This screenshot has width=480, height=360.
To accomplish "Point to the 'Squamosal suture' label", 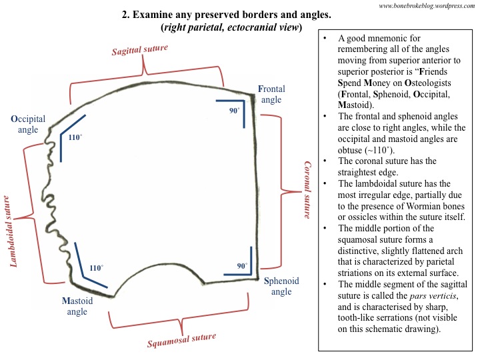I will coord(183,341).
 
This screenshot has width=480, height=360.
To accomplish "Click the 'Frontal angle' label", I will coord(271,94).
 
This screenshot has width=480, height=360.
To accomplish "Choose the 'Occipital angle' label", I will coord(28,123).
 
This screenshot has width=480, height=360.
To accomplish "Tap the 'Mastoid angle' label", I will coord(77,306).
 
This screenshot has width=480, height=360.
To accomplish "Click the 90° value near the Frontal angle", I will coord(234,111).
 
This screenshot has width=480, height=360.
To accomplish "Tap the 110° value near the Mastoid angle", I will coord(96,268).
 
